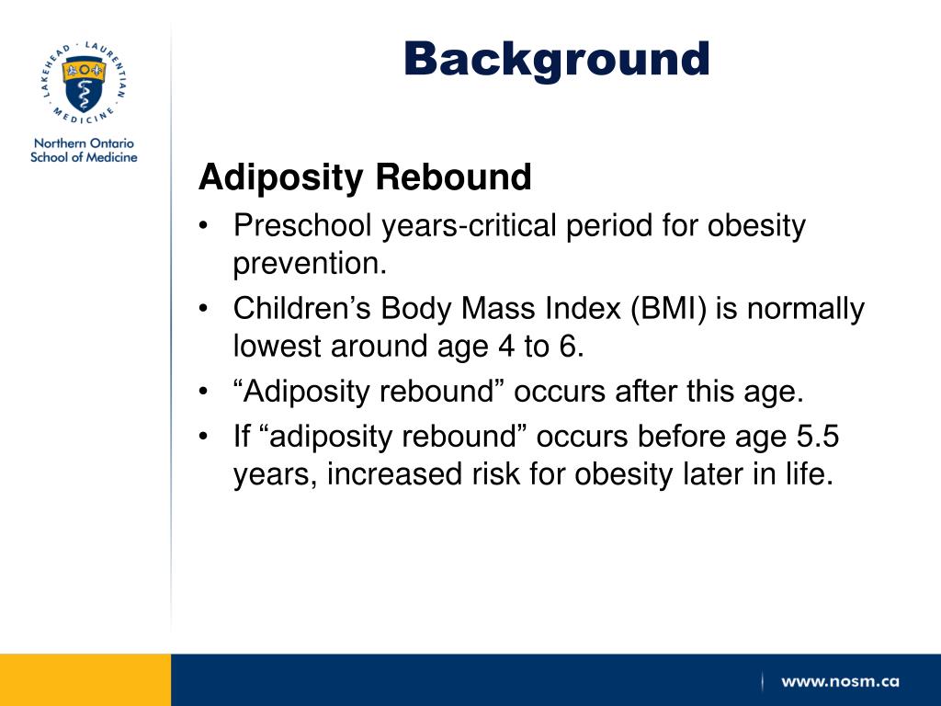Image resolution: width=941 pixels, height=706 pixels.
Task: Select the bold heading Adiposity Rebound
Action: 365,177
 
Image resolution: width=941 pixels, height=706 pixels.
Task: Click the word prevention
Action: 310,265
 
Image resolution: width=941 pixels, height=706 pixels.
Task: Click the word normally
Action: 805,309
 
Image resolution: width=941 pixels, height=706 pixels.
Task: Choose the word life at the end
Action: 807,476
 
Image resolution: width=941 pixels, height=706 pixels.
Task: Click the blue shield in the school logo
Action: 84,85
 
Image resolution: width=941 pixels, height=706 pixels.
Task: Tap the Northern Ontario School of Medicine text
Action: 84,151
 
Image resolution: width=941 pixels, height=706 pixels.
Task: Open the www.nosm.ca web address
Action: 840,682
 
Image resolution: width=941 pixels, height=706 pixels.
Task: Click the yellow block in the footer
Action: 85,680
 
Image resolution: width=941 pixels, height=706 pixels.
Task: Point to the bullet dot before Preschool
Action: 205,226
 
